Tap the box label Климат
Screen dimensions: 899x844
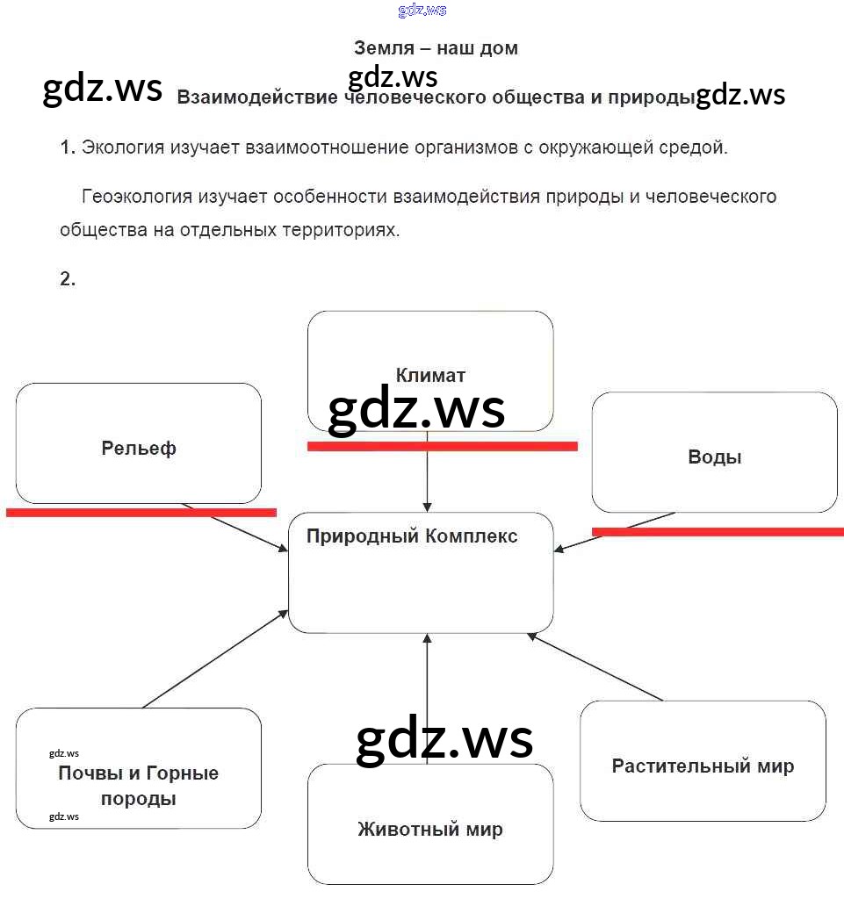click(x=430, y=375)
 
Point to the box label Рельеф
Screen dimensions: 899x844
click(x=139, y=449)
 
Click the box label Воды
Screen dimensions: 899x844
click(x=714, y=457)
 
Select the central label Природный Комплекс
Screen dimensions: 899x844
click(x=412, y=536)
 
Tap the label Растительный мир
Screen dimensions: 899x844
click(x=703, y=766)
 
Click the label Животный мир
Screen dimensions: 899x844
click(x=430, y=829)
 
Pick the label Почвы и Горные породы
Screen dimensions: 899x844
click(x=139, y=786)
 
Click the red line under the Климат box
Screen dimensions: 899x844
click(x=442, y=446)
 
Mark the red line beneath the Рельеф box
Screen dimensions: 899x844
click(x=141, y=512)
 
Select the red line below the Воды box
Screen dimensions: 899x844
click(x=718, y=531)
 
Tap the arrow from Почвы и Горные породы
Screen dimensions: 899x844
click(x=215, y=658)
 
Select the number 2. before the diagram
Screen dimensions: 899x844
click(x=68, y=279)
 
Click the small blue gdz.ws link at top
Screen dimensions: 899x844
click(x=422, y=11)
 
